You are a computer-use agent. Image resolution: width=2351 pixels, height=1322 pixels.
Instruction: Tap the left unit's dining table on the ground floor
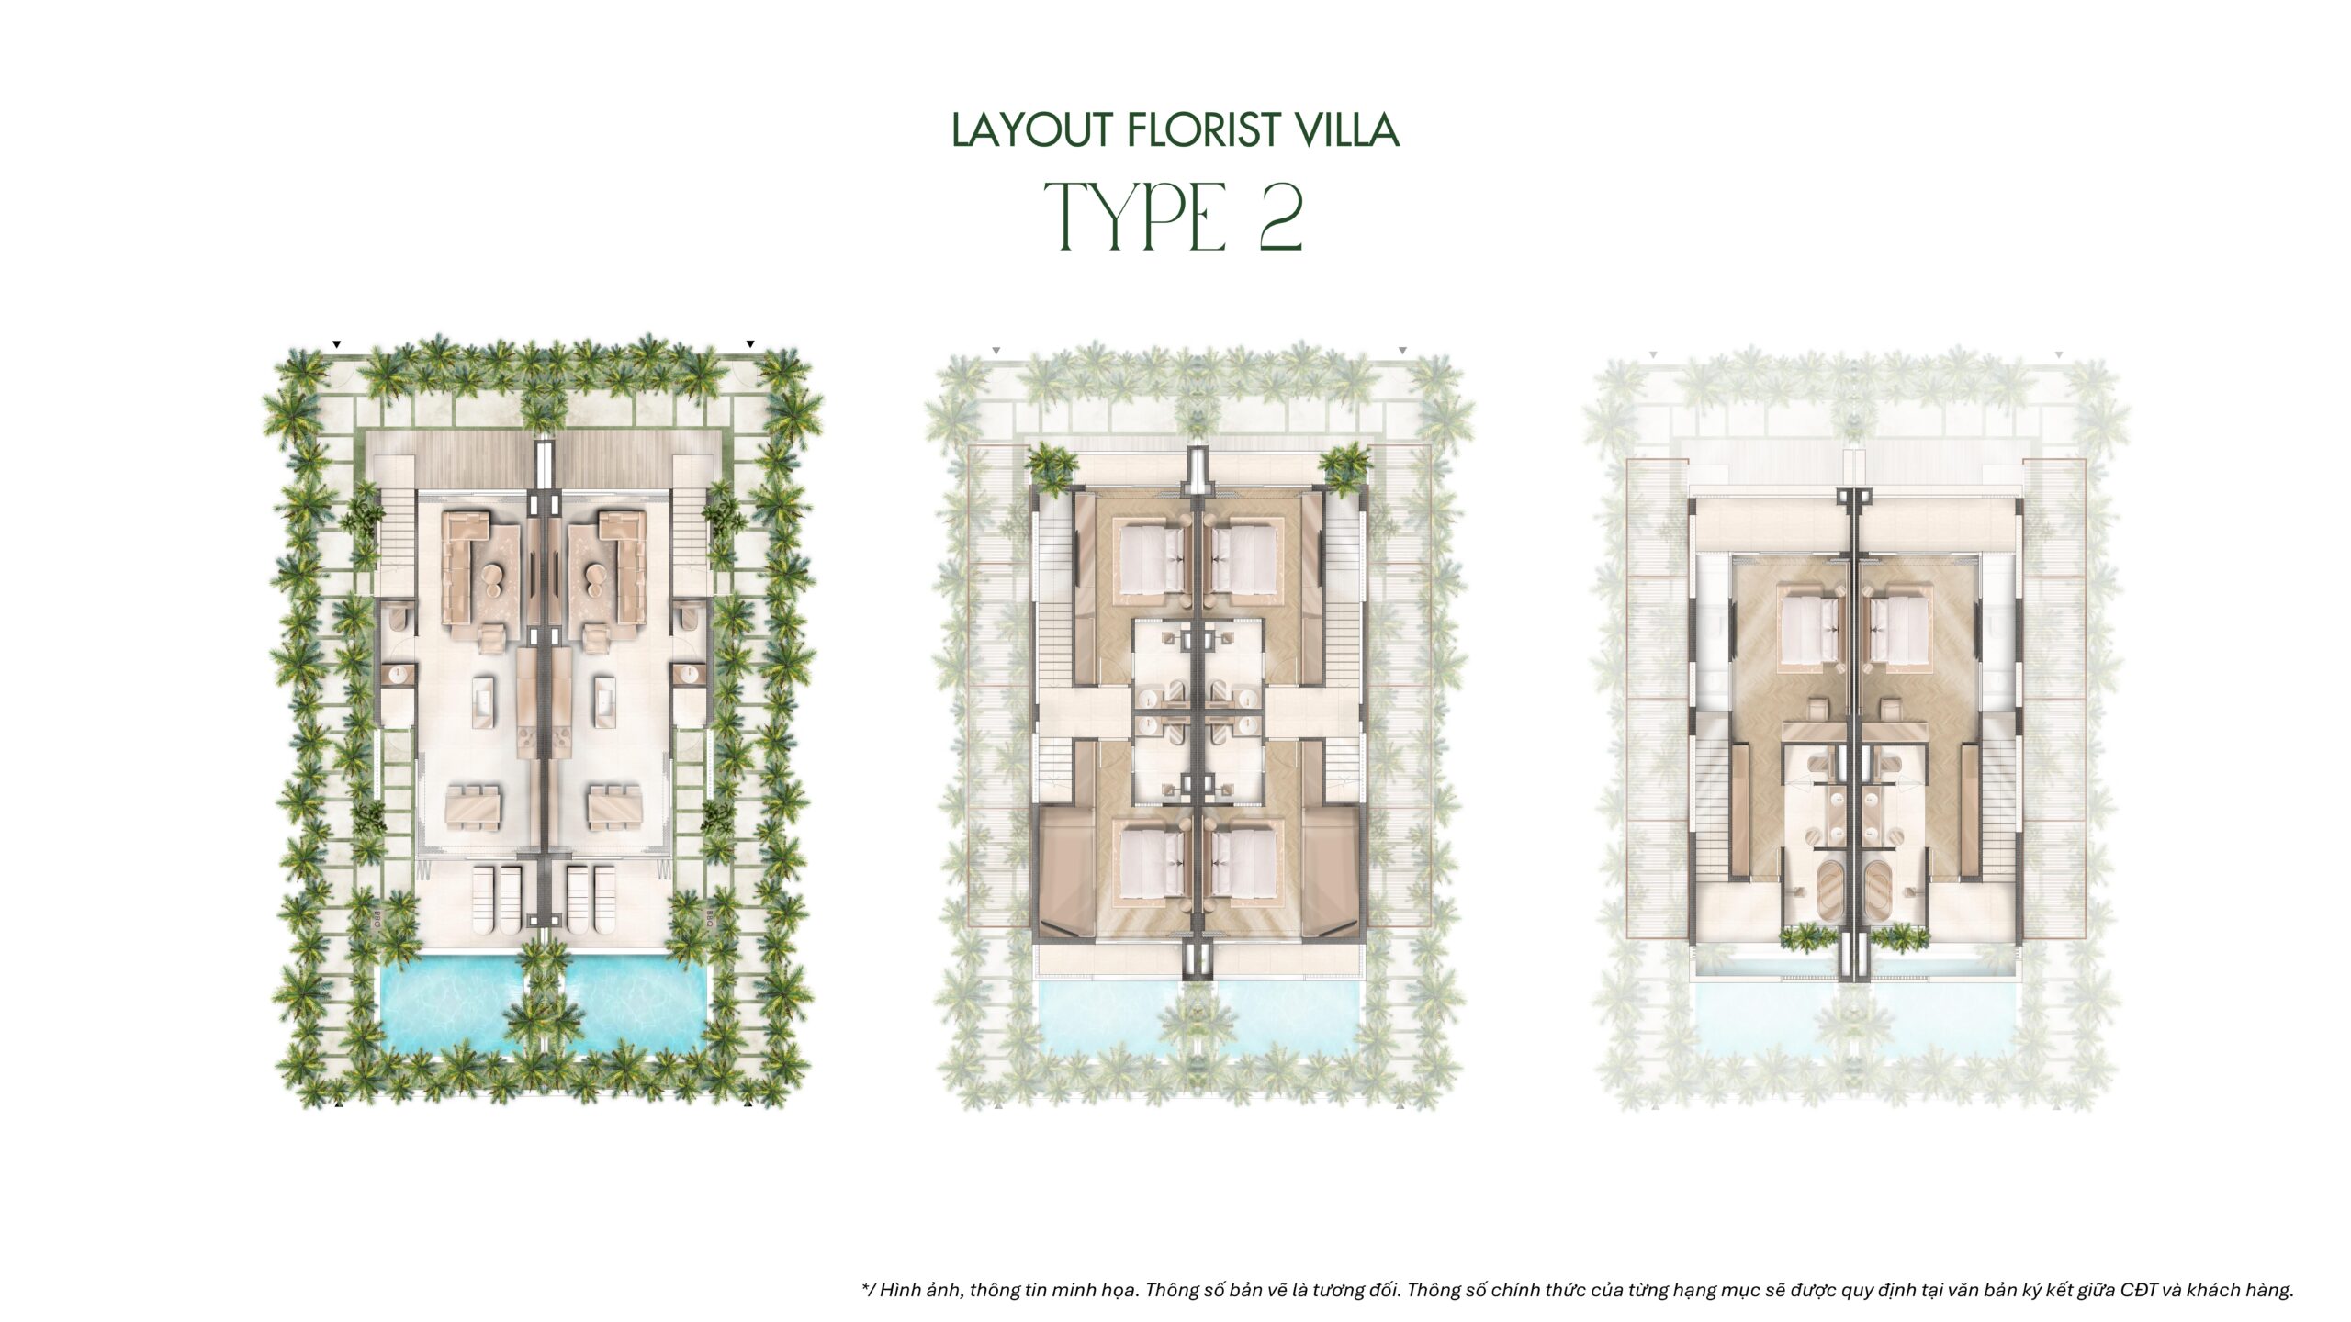(x=474, y=805)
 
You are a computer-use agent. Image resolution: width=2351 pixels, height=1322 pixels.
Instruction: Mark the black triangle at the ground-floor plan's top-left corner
(x=337, y=344)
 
